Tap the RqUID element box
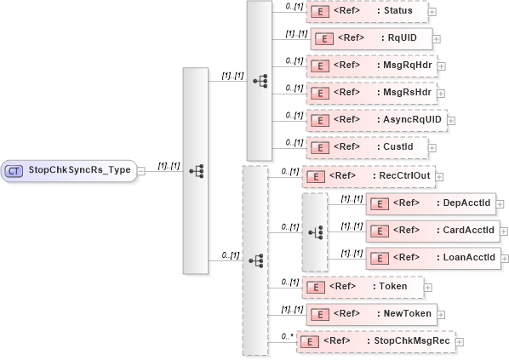pyautogui.click(x=372, y=38)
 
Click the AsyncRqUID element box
pyautogui.click(x=375, y=120)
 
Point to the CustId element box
pyautogui.click(x=365, y=147)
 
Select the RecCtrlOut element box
pyautogui.click(x=369, y=177)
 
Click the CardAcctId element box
pyautogui.click(x=432, y=231)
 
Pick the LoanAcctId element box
pyautogui.click(x=432, y=258)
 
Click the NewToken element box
pyautogui.click(x=371, y=314)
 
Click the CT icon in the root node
pyautogui.click(x=14, y=170)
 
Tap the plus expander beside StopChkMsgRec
pyautogui.click(x=460, y=342)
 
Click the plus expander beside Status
pyautogui.click(x=433, y=13)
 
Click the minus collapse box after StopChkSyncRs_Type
pyautogui.click(x=141, y=170)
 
